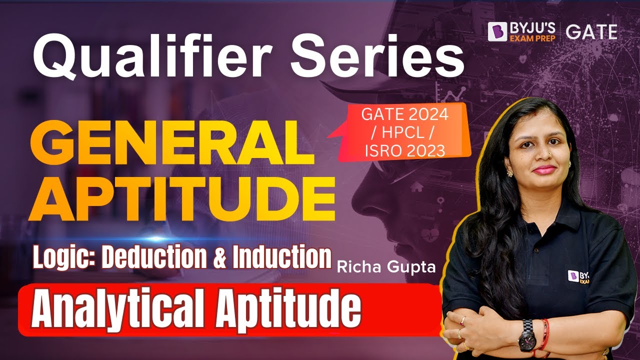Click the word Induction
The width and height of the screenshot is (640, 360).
click(282, 257)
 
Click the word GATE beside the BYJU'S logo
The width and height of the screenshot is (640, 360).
click(591, 31)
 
